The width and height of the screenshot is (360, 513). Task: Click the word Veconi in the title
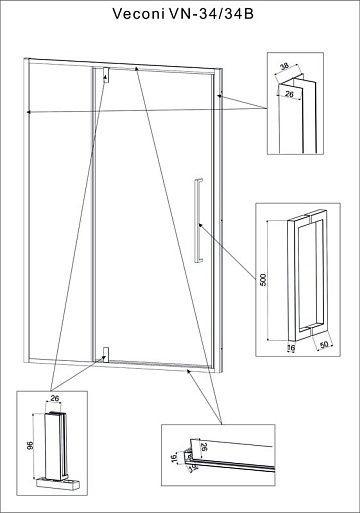click(x=139, y=14)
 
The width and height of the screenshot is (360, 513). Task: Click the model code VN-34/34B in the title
click(x=212, y=14)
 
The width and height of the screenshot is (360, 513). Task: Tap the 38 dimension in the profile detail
click(x=284, y=66)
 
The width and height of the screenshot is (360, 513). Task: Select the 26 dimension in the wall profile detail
click(x=289, y=94)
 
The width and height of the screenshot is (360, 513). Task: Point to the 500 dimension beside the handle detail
click(x=263, y=280)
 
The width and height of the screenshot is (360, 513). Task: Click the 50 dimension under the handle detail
click(x=324, y=345)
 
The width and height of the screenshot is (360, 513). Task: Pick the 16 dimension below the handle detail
click(x=291, y=348)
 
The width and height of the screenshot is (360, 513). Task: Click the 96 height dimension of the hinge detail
click(x=30, y=445)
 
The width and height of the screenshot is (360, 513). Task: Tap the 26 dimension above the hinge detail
click(x=55, y=398)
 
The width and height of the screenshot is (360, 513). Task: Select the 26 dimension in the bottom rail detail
click(x=204, y=447)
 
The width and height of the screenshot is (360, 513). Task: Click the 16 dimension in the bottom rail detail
click(x=174, y=458)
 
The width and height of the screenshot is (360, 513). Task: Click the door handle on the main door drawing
click(x=198, y=221)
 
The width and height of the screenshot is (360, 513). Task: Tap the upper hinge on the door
click(x=106, y=75)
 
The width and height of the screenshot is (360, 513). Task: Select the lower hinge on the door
click(x=106, y=355)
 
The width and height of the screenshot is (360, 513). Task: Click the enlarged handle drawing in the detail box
click(x=307, y=275)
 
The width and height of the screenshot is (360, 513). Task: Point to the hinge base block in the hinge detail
click(x=58, y=484)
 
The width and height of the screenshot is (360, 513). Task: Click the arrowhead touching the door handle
click(x=200, y=226)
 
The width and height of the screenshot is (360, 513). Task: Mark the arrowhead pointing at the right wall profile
click(x=220, y=96)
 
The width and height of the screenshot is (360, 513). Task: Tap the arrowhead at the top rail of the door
click(x=136, y=68)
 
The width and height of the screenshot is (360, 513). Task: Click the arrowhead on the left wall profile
click(x=29, y=112)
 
